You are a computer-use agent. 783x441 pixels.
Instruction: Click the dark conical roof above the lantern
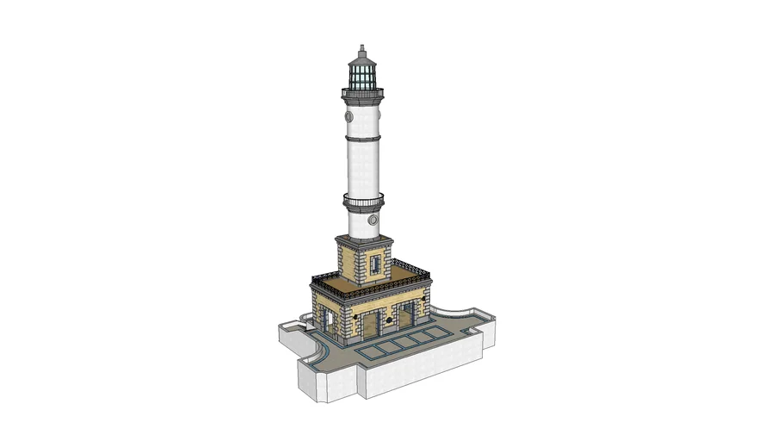pyautogui.click(x=362, y=59)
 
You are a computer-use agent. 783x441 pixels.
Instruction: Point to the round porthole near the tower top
pyautogui.click(x=348, y=115)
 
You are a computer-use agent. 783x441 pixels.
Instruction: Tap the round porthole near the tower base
pyautogui.click(x=373, y=219)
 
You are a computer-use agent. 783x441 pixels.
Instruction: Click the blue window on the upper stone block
pyautogui.click(x=376, y=263)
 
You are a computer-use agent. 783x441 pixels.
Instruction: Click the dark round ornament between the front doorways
pyautogui.click(x=390, y=320)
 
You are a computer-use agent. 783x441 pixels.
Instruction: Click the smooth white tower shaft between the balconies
pyautogui.click(x=363, y=168)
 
